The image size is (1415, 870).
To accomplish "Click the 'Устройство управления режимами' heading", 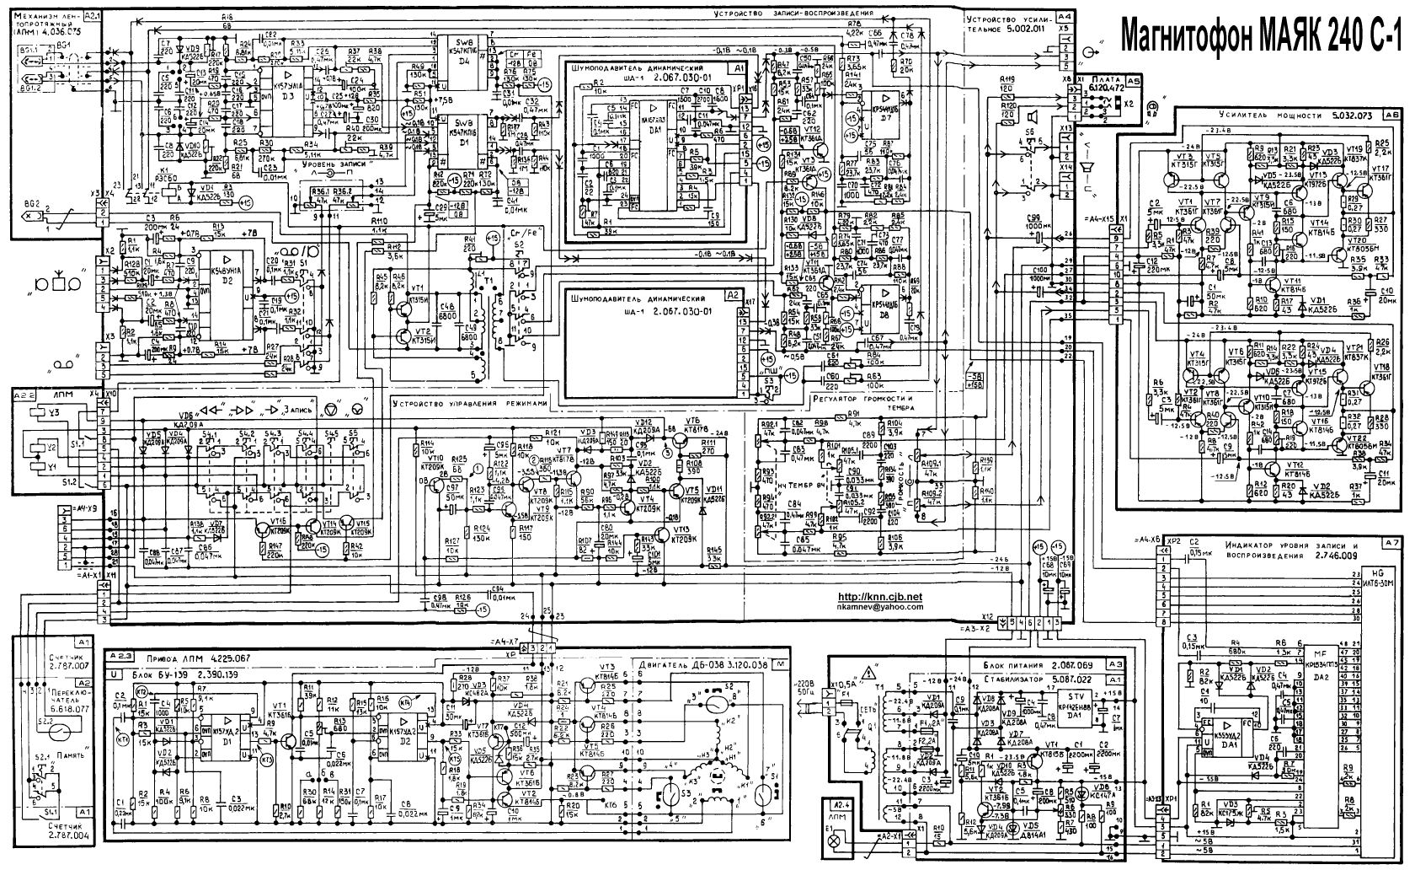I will tap(469, 403).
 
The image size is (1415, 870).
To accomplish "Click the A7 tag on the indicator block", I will tap(1391, 542).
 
